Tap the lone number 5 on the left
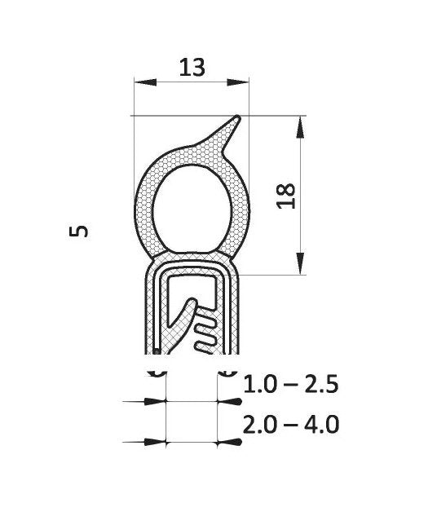79,232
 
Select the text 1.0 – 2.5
291,384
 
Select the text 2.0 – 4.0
291,426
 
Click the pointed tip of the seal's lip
237,118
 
